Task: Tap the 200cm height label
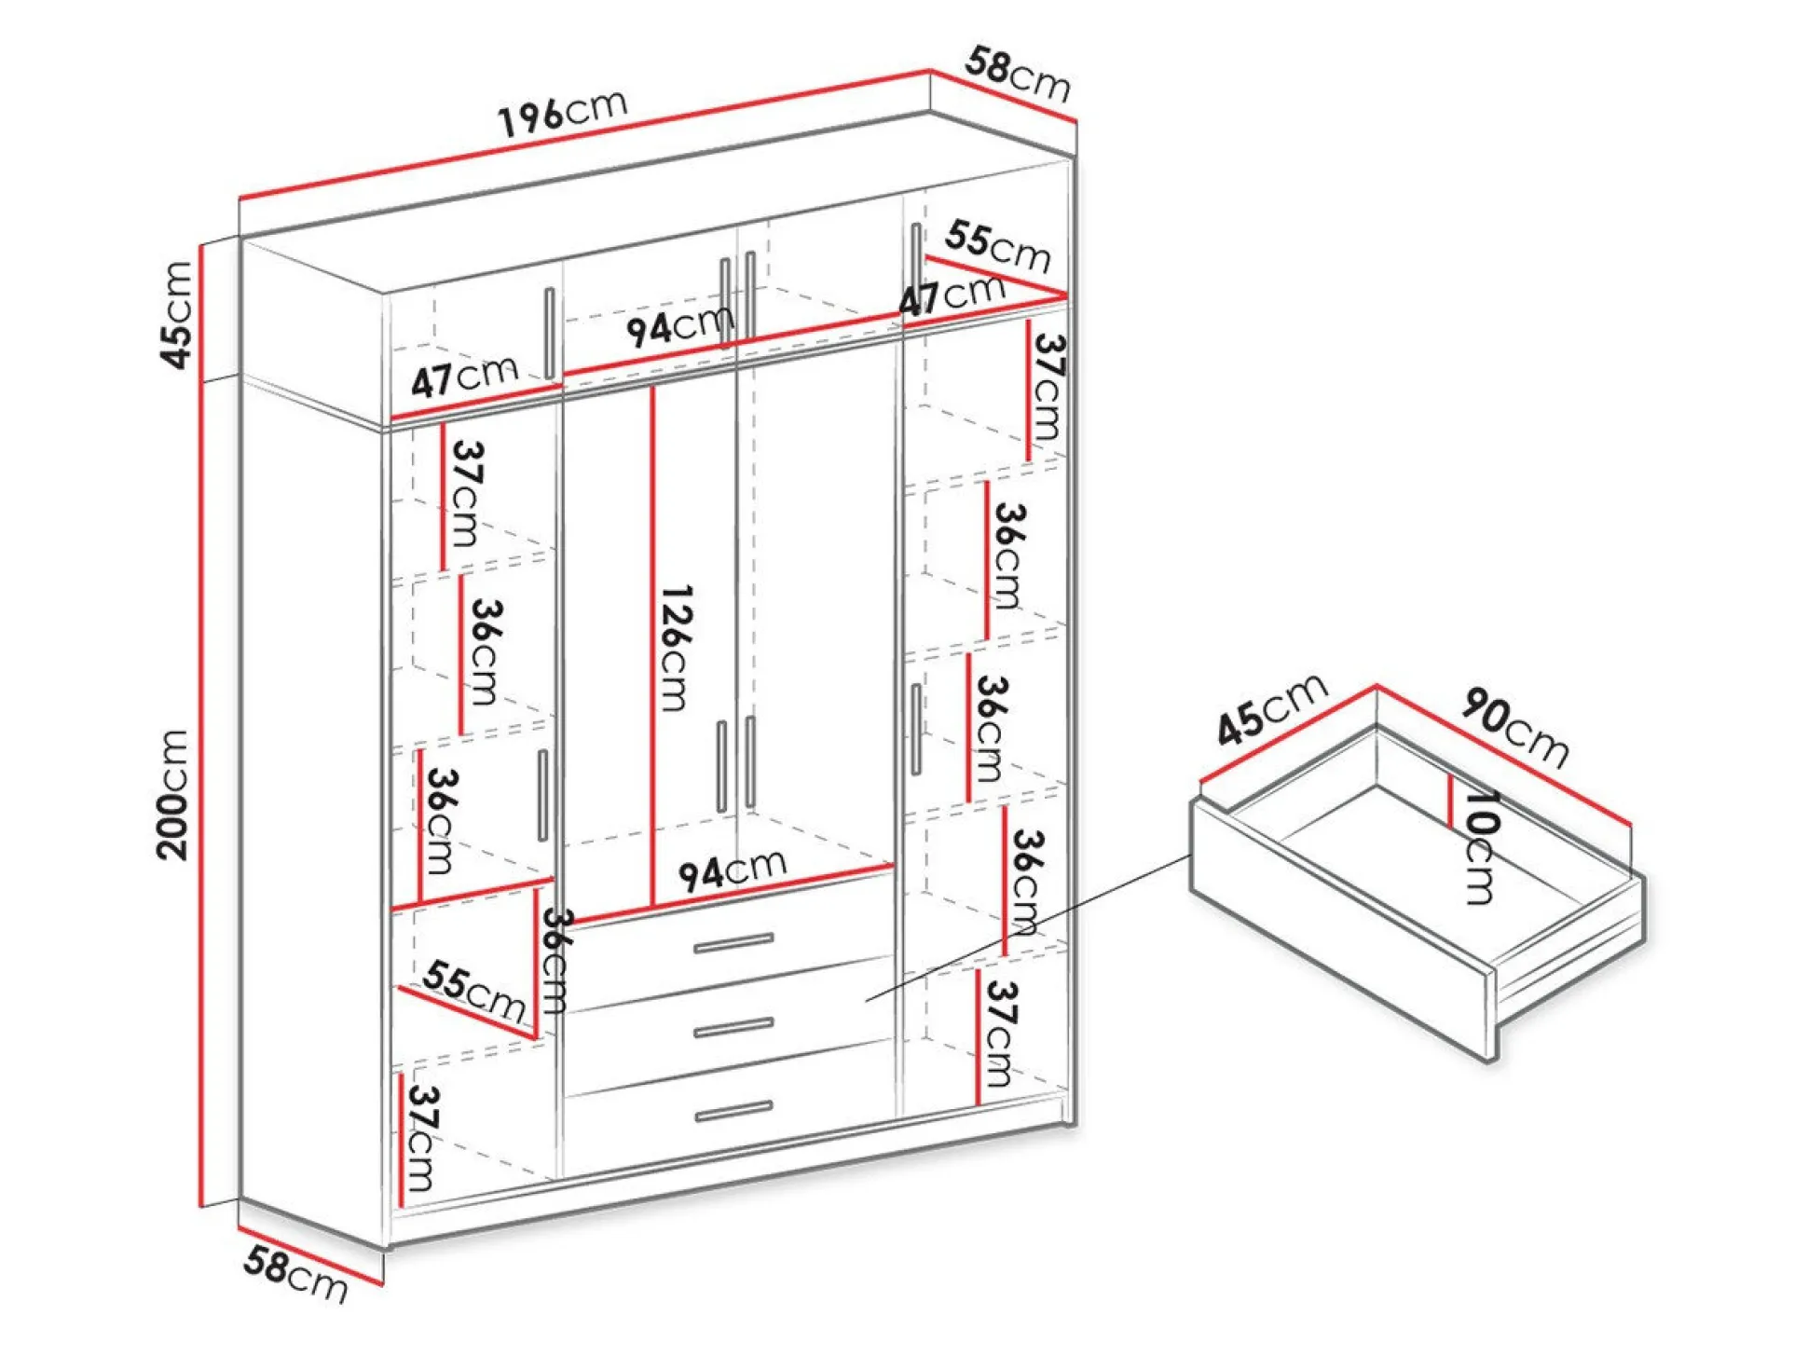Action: pyautogui.click(x=174, y=794)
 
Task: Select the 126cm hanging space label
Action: pyautogui.click(x=676, y=648)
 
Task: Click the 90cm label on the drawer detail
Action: pyautogui.click(x=1515, y=728)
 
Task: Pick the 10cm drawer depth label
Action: pyautogui.click(x=1480, y=847)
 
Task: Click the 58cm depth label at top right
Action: pyautogui.click(x=1018, y=75)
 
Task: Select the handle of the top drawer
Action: pyautogui.click(x=733, y=943)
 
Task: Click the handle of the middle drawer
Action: pyautogui.click(x=733, y=1027)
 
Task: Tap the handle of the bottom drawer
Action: pyautogui.click(x=733, y=1111)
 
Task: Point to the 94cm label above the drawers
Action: pyautogui.click(x=733, y=870)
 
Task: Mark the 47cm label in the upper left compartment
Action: pyautogui.click(x=464, y=377)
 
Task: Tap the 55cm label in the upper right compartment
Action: pyautogui.click(x=997, y=247)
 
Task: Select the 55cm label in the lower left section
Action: pyautogui.click(x=474, y=990)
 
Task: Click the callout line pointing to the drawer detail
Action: pyautogui.click(x=1029, y=928)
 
